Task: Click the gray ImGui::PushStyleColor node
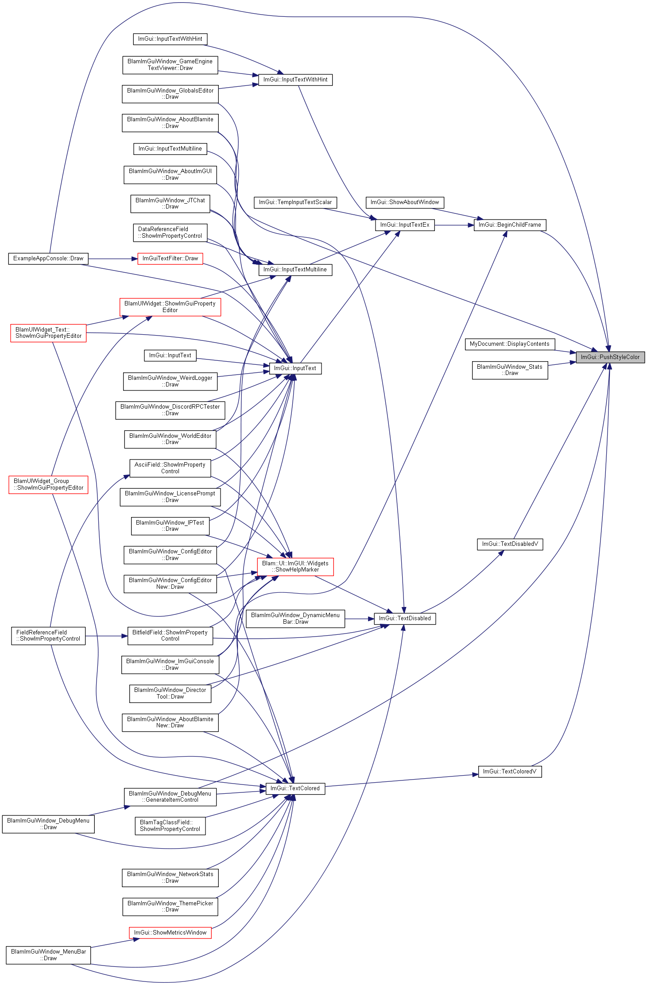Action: pyautogui.click(x=610, y=357)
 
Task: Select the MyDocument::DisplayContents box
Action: pyautogui.click(x=510, y=344)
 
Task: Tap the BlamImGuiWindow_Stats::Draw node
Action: pyautogui.click(x=510, y=370)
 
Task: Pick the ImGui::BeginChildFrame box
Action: pyautogui.click(x=510, y=225)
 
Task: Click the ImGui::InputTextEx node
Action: pyautogui.click(x=405, y=225)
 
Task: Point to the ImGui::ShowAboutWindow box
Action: pyautogui.click(x=405, y=202)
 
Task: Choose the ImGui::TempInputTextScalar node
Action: pyautogui.click(x=295, y=202)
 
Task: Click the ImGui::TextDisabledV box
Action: pyautogui.click(x=510, y=544)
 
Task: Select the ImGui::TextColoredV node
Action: pyautogui.click(x=510, y=772)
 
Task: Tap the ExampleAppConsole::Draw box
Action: pyautogui.click(x=48, y=259)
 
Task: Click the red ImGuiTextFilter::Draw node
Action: pyautogui.click(x=170, y=259)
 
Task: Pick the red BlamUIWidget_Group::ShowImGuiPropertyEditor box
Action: pyautogui.click(x=48, y=484)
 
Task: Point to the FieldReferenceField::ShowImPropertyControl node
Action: pyautogui.click(x=48, y=636)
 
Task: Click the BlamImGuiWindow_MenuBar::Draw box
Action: pyautogui.click(x=48, y=955)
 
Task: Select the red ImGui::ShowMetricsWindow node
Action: pyautogui.click(x=170, y=933)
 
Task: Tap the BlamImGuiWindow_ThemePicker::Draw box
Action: pyautogui.click(x=170, y=907)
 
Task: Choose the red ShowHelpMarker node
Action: pyautogui.click(x=295, y=567)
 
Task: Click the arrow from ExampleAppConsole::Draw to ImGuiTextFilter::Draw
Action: pyautogui.click(x=113, y=259)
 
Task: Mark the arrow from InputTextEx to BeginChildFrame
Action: pyautogui.click(x=454, y=225)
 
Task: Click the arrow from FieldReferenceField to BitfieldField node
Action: pyautogui.click(x=106, y=636)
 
